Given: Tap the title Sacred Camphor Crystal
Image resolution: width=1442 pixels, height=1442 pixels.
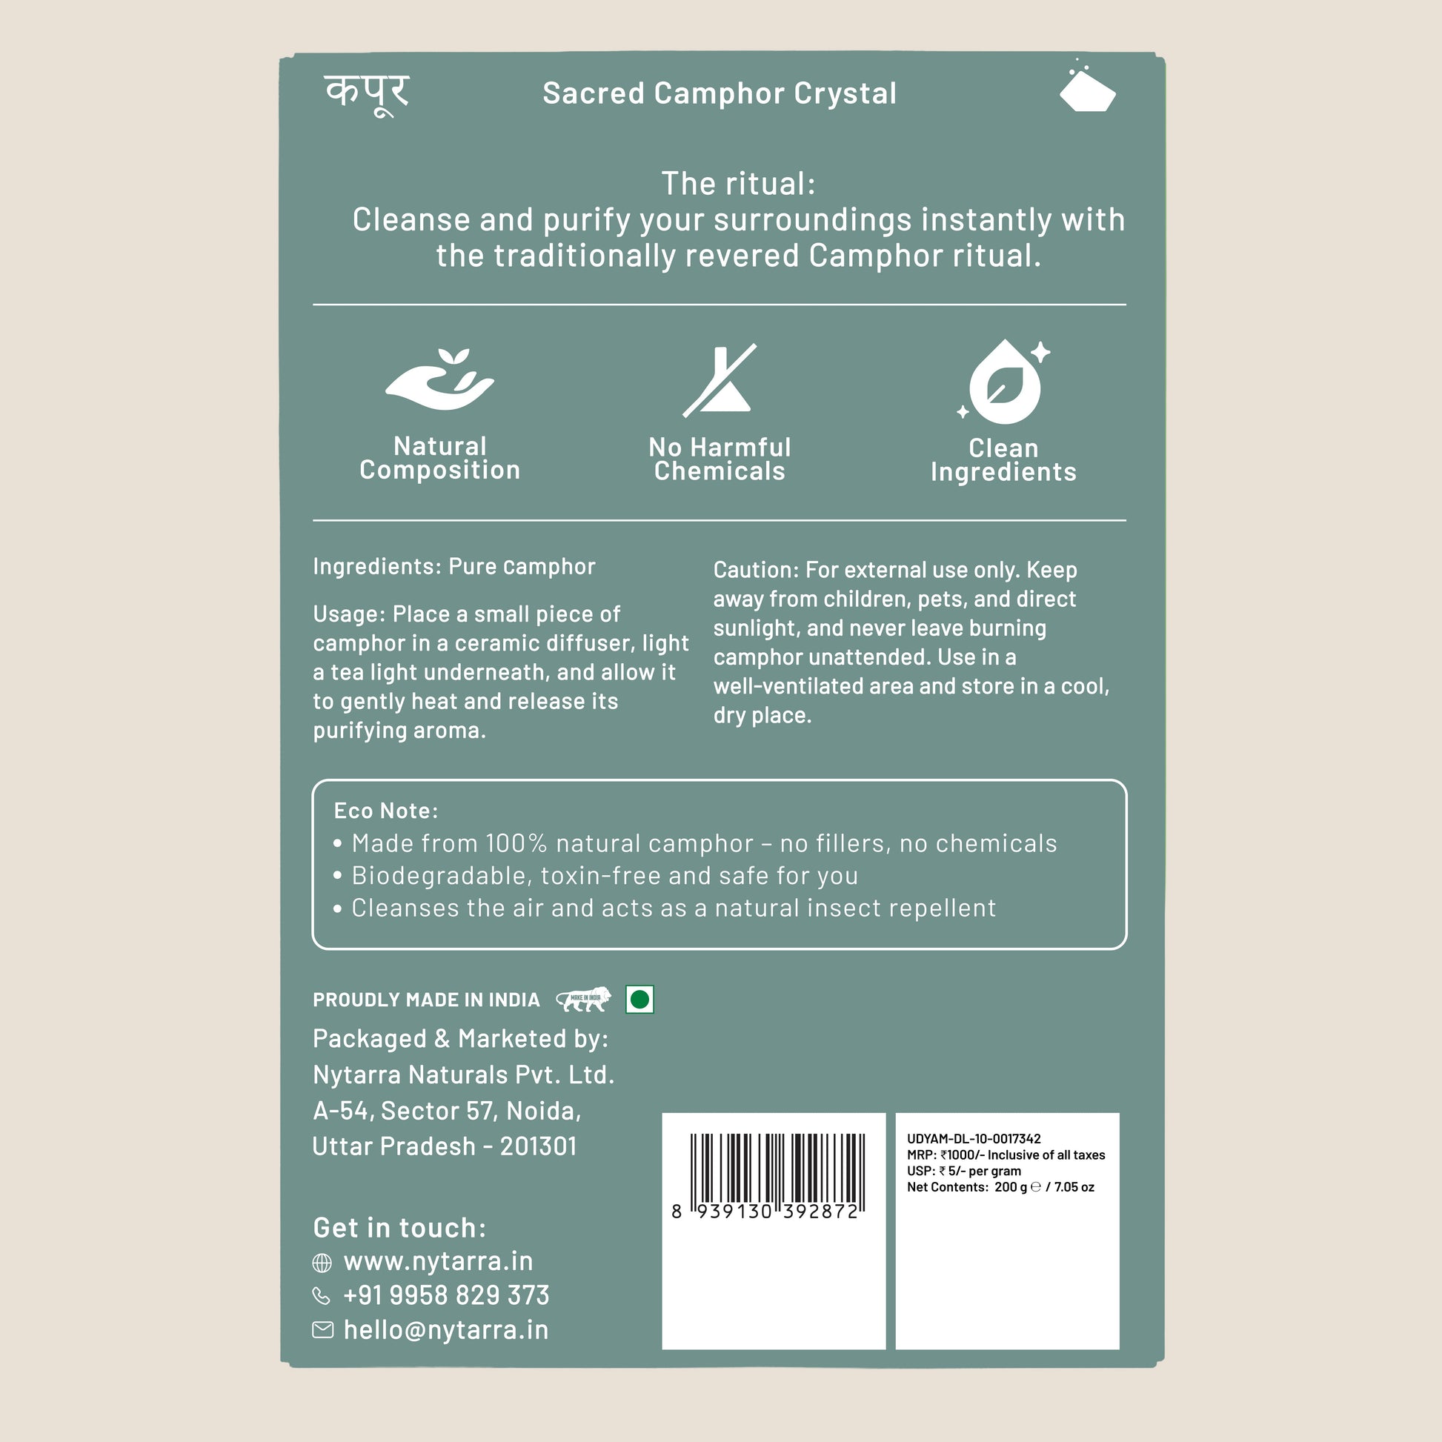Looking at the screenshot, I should pos(719,93).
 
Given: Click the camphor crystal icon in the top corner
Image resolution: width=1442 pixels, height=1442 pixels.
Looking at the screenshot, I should pos(1087,90).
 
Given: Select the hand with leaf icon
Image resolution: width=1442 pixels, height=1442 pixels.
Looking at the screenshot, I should pos(439,380).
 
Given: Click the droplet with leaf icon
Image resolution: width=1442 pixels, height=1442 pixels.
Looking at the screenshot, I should pos(1003,382).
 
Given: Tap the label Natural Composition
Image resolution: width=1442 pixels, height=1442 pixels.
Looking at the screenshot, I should pos(439,457).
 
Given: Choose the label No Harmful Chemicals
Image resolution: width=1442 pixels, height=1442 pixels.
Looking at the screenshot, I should pos(720,459).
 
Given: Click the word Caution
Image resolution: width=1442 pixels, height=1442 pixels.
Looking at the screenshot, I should pos(755,571).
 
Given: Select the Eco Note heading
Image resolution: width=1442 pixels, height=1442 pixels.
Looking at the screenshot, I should pos(386,811).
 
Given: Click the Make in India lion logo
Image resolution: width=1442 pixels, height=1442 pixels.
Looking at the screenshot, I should pos(585,999).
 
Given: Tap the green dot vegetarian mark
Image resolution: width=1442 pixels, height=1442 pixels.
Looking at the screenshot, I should pos(639,1000).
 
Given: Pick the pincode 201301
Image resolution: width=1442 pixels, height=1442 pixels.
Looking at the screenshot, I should pos(538,1146).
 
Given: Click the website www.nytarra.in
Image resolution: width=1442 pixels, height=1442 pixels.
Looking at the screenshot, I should pos(438,1261).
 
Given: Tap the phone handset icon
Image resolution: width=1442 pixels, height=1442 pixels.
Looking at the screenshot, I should pos(321,1296).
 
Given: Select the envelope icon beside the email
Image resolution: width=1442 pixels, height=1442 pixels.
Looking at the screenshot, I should pos(322,1329).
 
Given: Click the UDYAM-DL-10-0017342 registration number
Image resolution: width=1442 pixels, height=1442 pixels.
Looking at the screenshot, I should pos(973,1139).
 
